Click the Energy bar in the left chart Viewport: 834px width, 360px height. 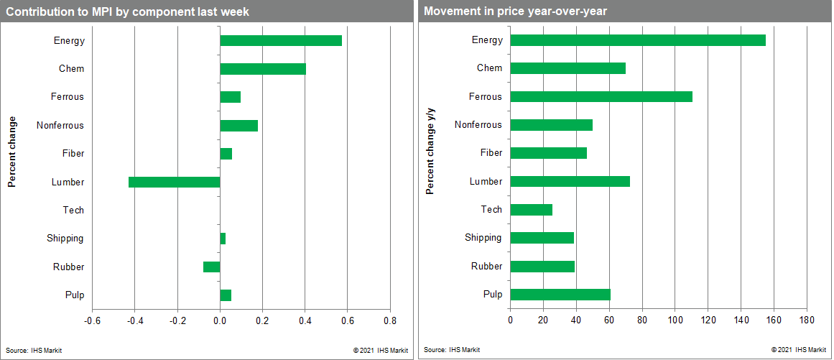[280, 40]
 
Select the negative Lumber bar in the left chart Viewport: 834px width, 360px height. [174, 182]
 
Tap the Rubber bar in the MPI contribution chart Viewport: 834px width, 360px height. [211, 267]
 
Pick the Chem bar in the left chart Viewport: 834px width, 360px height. [262, 69]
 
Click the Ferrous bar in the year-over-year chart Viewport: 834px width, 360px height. [601, 96]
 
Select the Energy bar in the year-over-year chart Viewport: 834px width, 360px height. [637, 40]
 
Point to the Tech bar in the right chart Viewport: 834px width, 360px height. [531, 210]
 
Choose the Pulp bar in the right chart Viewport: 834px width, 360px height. [560, 295]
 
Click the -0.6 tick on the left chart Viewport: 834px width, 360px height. [93, 320]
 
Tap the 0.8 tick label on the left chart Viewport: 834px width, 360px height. [389, 320]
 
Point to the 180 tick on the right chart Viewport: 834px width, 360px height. [807, 320]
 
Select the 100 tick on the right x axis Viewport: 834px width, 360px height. [675, 320]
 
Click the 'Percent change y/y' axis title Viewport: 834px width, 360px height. [430, 151]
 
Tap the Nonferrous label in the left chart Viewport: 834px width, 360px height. [60, 125]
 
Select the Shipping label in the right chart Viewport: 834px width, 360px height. [483, 238]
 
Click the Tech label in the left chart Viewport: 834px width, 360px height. [73, 210]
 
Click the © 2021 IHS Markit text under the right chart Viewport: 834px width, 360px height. [798, 350]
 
